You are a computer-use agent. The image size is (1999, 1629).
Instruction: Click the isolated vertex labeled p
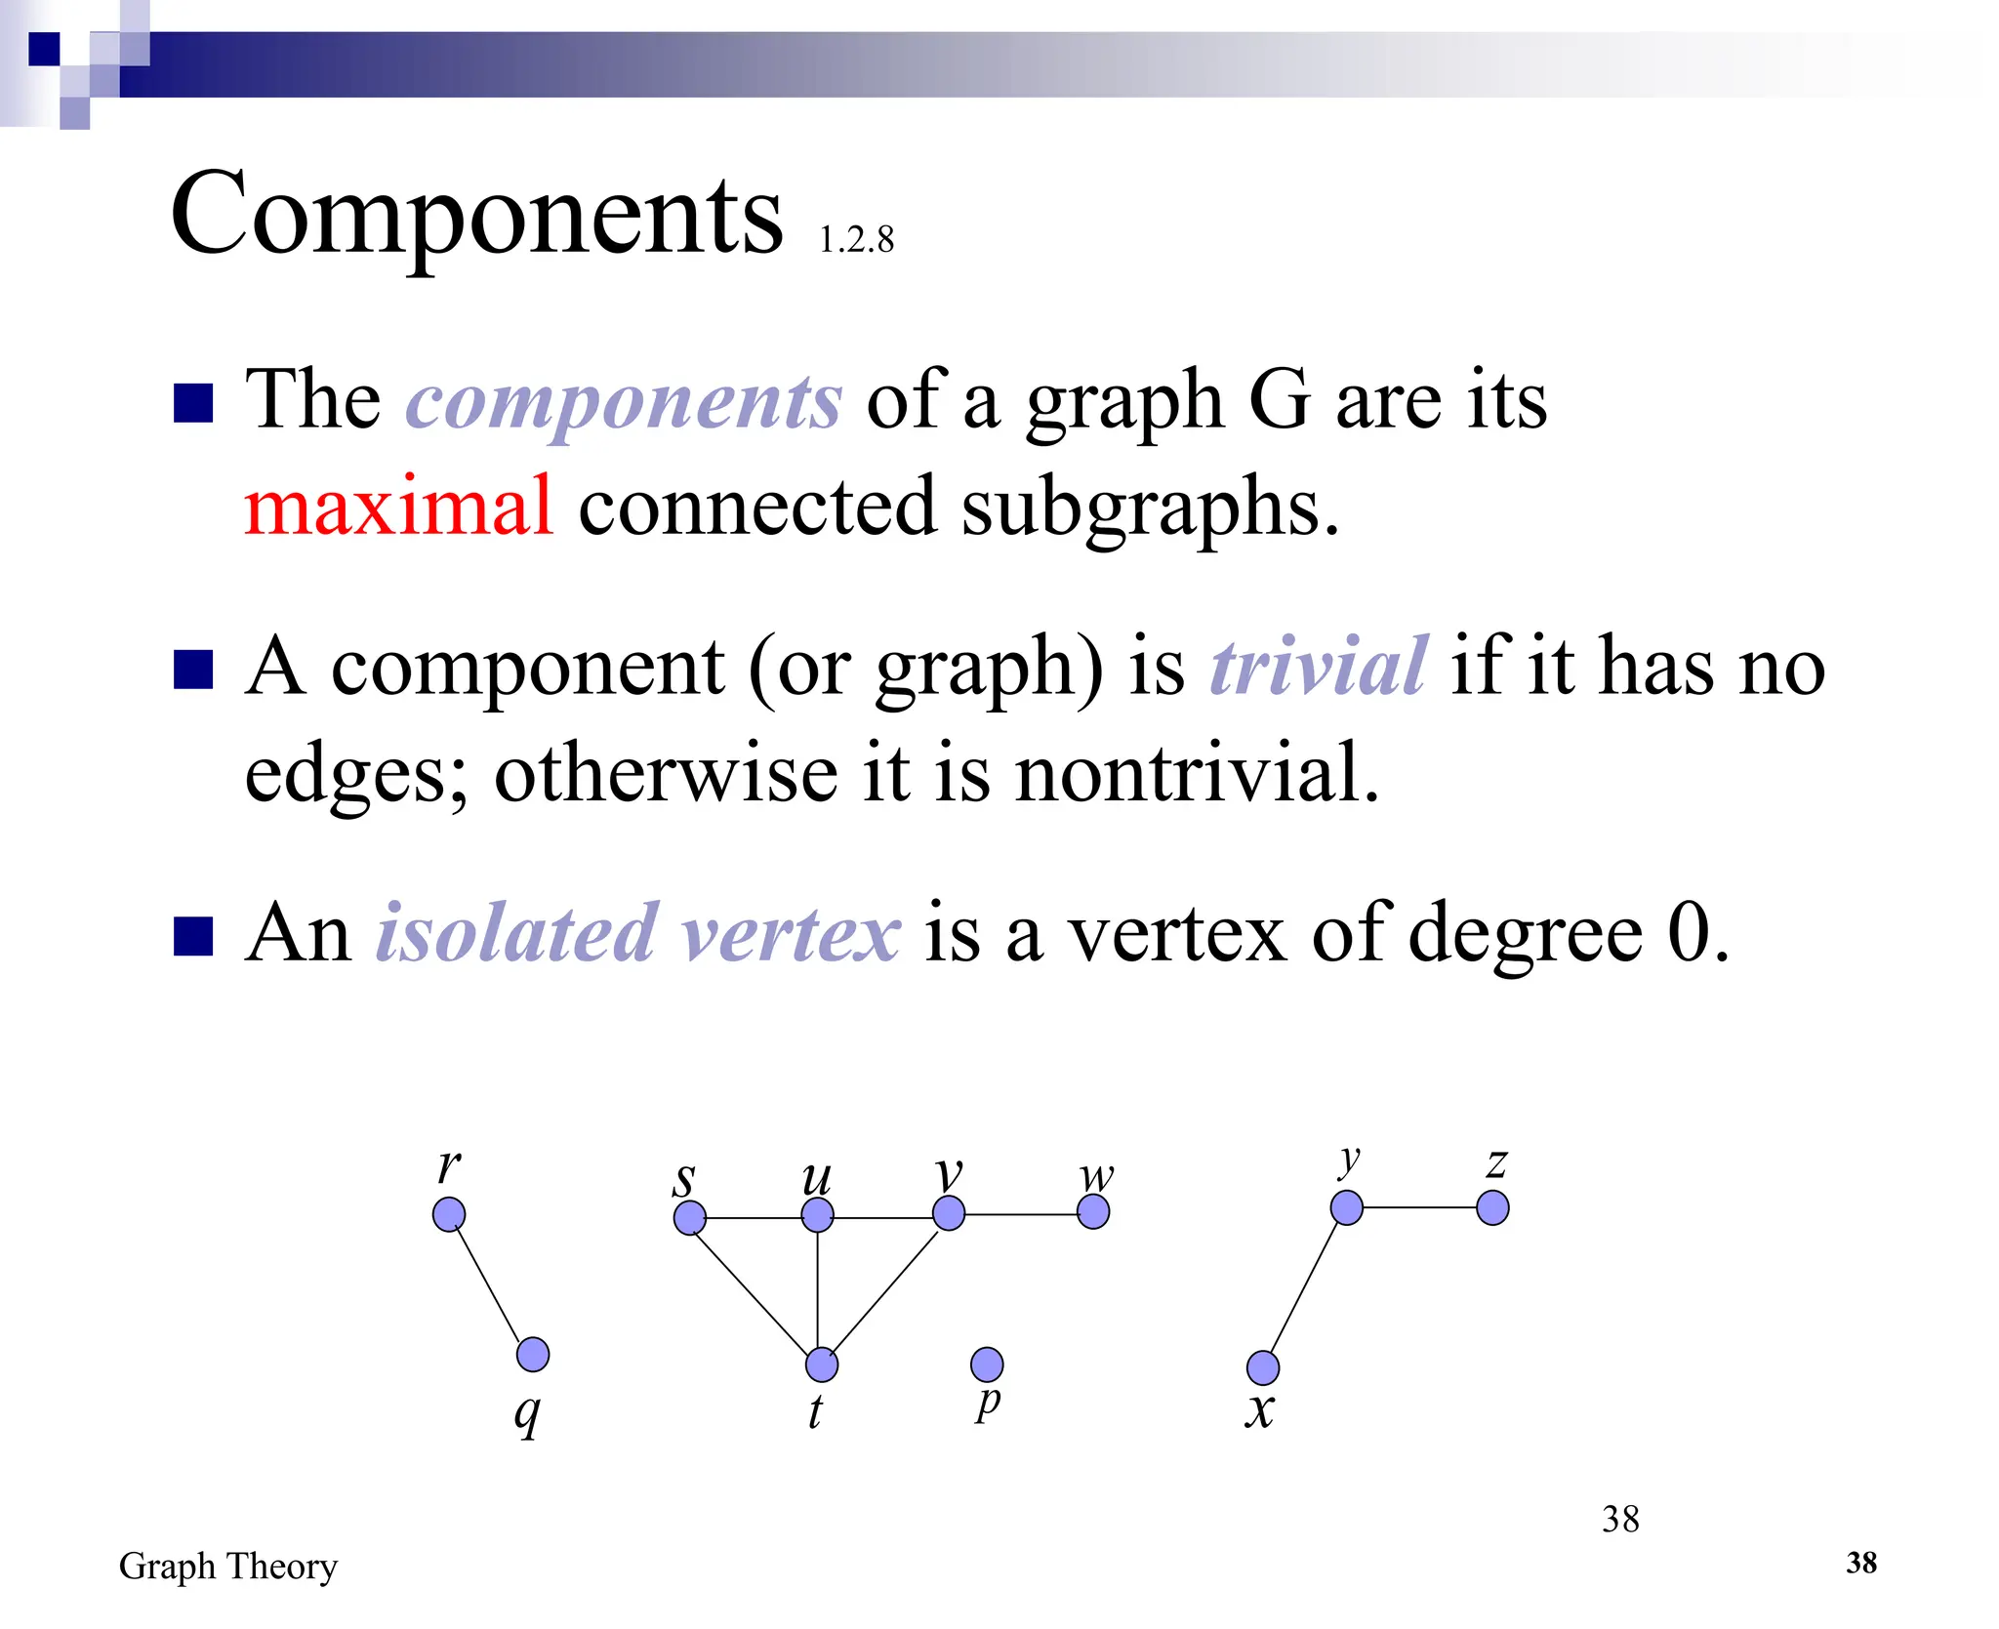point(987,1364)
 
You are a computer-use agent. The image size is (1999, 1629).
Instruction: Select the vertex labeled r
point(449,1215)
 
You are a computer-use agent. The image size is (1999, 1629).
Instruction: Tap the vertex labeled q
point(533,1355)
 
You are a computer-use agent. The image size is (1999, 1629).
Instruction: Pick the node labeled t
point(822,1364)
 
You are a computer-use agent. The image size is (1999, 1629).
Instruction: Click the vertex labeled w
point(1093,1212)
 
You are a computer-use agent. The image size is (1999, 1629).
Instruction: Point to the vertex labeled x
point(1263,1367)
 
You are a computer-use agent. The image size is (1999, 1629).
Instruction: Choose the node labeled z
point(1492,1208)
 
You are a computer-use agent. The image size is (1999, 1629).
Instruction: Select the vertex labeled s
point(690,1218)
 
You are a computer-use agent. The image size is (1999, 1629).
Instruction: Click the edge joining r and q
point(490,1284)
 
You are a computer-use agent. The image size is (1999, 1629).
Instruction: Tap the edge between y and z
point(1420,1208)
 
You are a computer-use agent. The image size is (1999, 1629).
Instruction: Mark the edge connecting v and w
point(1021,1214)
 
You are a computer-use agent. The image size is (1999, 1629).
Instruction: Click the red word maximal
point(398,507)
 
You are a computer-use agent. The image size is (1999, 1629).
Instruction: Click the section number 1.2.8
point(856,240)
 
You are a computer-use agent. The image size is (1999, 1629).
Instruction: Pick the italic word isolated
point(516,933)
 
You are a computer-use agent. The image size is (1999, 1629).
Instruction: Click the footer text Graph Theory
point(228,1566)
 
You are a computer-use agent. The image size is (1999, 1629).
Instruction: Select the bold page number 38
point(1860,1563)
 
